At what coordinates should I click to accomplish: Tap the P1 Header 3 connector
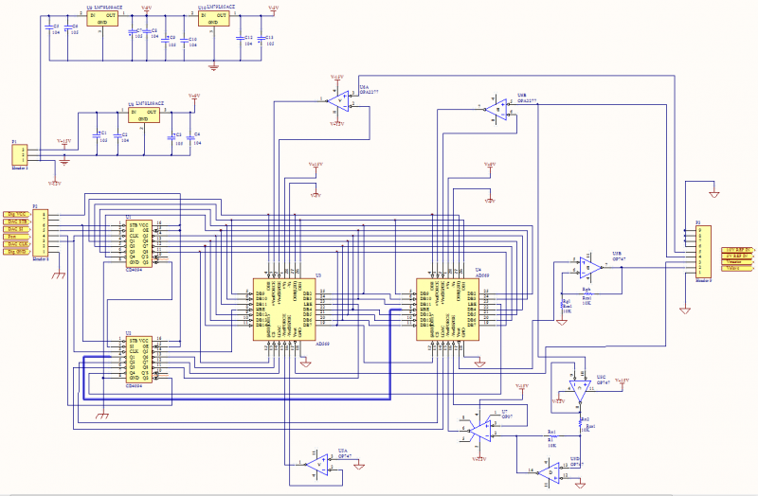[20, 154]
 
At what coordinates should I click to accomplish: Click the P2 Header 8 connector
[39, 231]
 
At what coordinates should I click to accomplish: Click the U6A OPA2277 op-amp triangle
[335, 98]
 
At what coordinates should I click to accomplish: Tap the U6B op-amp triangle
[496, 109]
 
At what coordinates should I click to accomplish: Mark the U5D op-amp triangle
[550, 470]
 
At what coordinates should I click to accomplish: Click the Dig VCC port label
[16, 215]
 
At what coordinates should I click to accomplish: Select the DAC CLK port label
[16, 243]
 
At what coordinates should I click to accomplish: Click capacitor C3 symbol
[49, 27]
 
